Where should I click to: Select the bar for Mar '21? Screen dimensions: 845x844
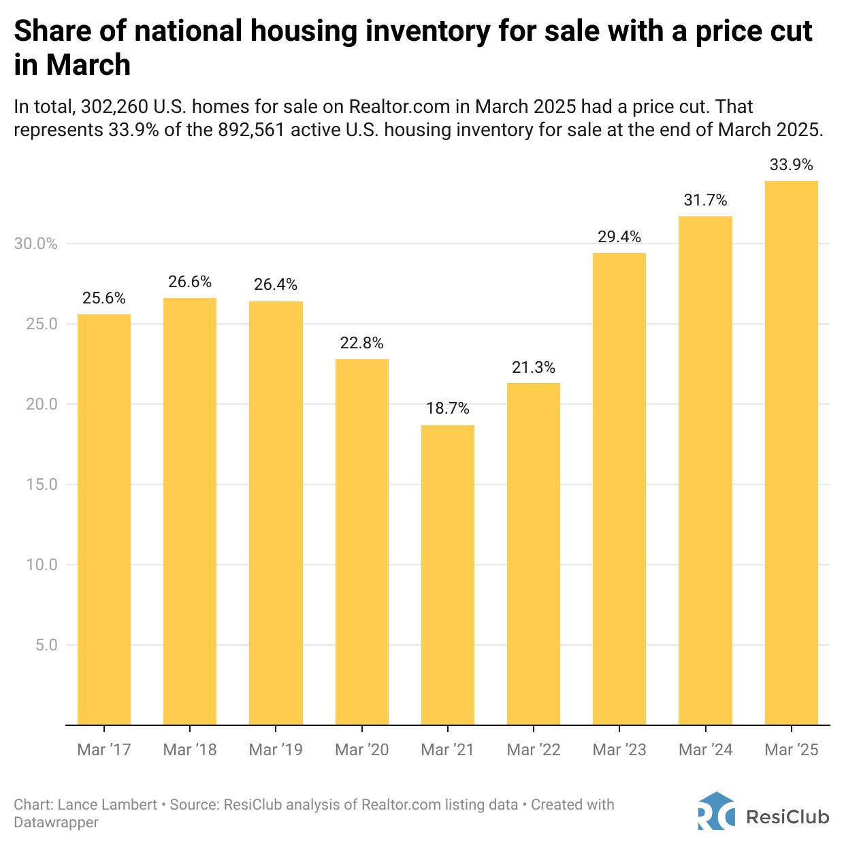coord(448,575)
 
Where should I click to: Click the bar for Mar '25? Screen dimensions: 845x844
coord(792,452)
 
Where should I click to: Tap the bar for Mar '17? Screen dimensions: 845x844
coord(104,519)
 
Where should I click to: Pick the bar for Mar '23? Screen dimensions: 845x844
coord(619,488)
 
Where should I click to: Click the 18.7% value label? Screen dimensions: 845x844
coord(448,408)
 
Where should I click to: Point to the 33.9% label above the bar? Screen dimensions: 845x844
coord(792,165)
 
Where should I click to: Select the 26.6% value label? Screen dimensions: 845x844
coord(190,282)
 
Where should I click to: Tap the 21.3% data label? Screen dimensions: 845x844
coord(534,367)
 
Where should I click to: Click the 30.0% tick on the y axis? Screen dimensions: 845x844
coord(36,244)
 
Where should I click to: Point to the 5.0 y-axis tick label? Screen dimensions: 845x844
coord(46,644)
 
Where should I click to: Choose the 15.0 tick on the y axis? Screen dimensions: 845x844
coord(42,484)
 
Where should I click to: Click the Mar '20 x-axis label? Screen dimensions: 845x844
coord(362,750)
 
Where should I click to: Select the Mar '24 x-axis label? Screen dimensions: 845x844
coord(706,750)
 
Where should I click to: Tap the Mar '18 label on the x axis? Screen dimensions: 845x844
coord(190,750)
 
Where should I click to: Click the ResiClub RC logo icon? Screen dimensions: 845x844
coord(716,811)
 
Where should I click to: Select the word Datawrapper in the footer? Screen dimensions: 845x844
coord(56,823)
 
